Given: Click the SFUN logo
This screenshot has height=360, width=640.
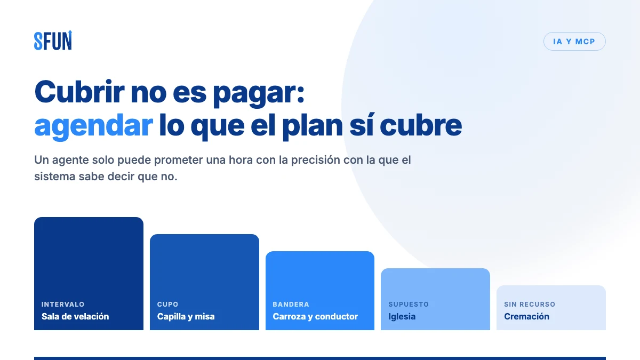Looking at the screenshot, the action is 53,41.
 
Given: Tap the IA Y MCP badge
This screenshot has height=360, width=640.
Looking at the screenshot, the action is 574,42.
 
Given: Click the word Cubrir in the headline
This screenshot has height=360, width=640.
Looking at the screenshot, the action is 79,92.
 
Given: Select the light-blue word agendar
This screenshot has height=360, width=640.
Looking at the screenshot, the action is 93,126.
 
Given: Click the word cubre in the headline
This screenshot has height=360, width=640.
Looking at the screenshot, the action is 421,125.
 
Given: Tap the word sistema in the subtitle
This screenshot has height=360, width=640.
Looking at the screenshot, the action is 54,177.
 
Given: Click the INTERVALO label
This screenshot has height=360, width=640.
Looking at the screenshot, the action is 63,305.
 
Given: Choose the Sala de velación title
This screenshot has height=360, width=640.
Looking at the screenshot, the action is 75,317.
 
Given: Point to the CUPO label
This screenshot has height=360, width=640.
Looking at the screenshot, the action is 167,305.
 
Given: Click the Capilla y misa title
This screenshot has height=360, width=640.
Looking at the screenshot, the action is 186,317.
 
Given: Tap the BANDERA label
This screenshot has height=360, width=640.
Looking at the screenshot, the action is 291,305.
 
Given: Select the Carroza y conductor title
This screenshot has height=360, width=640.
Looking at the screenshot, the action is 315,317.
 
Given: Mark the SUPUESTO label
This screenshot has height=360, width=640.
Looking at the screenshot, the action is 409,305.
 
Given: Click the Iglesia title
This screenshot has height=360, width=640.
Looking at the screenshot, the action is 402,317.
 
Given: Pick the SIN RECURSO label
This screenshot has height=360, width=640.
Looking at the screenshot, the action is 530,305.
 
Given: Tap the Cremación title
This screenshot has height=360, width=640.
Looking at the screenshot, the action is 526,317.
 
